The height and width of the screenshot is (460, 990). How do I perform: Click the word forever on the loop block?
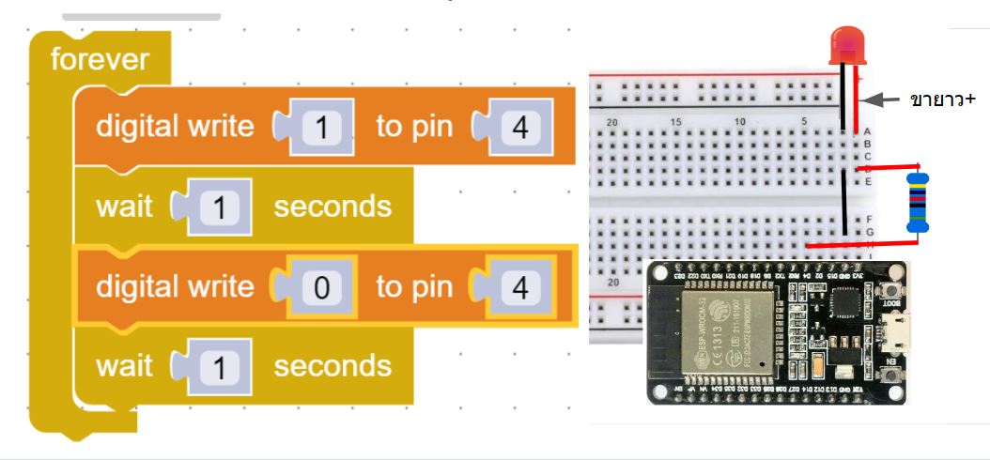click(99, 60)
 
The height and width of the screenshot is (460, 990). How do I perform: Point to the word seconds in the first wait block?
click(333, 207)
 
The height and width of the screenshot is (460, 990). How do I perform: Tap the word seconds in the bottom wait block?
click(333, 366)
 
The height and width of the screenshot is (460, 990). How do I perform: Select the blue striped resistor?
click(917, 202)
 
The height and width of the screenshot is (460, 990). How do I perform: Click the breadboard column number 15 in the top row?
click(676, 122)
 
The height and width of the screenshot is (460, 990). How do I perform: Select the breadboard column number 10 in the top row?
click(739, 122)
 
